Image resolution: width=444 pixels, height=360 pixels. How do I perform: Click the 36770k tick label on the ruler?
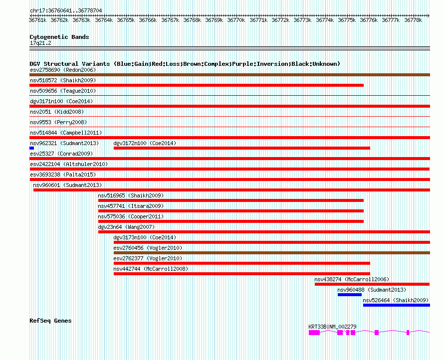tap(236, 20)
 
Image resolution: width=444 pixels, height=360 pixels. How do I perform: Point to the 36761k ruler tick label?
tap(38, 20)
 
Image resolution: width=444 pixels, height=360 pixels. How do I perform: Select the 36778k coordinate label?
tap(413, 20)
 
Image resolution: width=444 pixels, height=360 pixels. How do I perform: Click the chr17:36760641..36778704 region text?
tap(66, 10)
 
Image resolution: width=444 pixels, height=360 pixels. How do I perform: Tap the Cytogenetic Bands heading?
tap(59, 37)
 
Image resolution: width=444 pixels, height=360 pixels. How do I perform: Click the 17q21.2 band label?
tap(40, 43)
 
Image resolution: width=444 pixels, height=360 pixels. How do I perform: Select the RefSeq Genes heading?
tap(50, 321)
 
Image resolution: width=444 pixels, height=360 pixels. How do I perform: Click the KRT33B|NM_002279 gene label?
tap(332, 327)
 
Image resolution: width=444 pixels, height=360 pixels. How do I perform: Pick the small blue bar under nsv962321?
tap(31, 148)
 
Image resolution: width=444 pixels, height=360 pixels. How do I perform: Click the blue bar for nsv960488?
tap(349, 295)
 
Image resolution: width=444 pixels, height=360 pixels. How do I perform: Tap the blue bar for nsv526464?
tap(396, 305)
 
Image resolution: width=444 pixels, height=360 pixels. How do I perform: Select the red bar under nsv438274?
tap(372, 284)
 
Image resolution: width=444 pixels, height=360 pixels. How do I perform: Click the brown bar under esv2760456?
tap(271, 253)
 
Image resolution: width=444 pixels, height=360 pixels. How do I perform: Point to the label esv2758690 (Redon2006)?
tap(63, 70)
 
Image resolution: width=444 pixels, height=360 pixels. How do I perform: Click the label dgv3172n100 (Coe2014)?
tap(145, 143)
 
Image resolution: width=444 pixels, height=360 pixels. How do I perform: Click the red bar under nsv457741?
tap(230, 211)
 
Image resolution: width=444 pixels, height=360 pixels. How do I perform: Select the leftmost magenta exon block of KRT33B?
tap(314, 332)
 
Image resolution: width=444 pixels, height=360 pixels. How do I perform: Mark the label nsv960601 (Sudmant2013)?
tap(67, 185)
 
